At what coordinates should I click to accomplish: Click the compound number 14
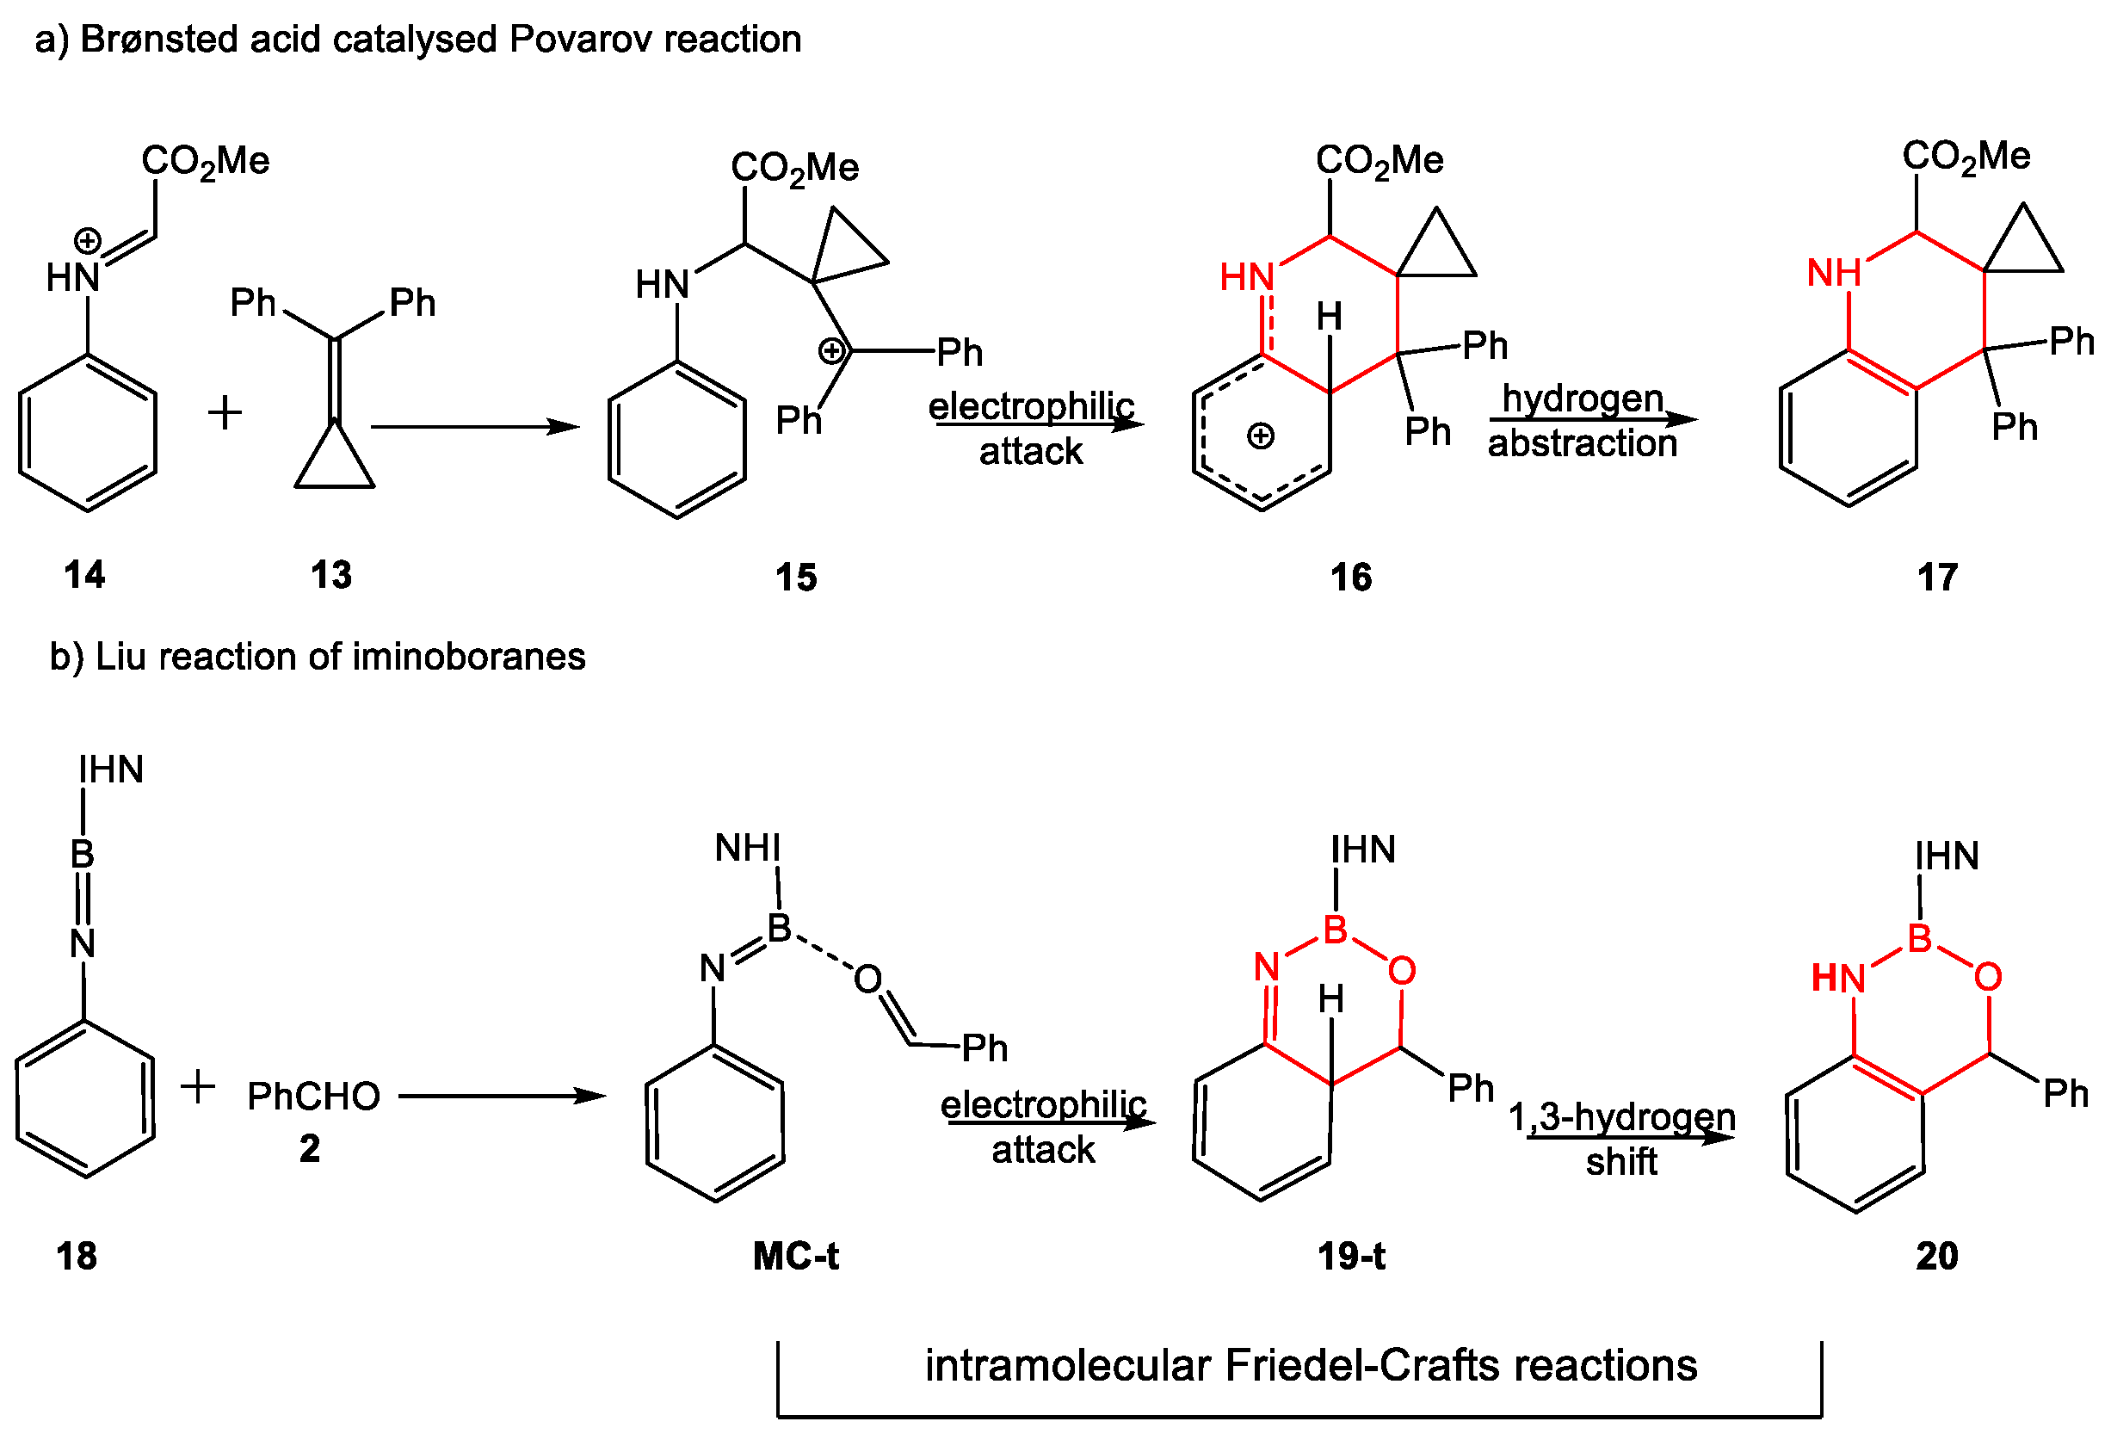84,574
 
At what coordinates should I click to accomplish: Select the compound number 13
330,575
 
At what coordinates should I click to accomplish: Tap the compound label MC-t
796,1256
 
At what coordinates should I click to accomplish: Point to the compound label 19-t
1351,1256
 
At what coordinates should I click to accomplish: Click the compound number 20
1936,1256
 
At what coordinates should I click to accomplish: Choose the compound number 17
1936,577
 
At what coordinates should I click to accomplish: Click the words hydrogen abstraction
1583,421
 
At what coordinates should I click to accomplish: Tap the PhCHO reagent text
314,1097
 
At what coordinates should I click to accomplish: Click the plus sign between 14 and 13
225,412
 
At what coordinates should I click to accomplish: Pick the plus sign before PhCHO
198,1086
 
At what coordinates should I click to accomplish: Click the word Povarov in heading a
579,39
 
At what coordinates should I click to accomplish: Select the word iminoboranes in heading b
469,656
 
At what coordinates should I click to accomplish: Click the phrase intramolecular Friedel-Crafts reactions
1311,1364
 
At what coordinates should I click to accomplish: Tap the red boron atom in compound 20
1919,937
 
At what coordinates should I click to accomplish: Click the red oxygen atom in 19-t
1402,970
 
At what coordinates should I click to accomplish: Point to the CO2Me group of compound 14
206,162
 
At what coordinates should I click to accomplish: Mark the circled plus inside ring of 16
1260,436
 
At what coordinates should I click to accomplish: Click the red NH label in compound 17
1833,273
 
